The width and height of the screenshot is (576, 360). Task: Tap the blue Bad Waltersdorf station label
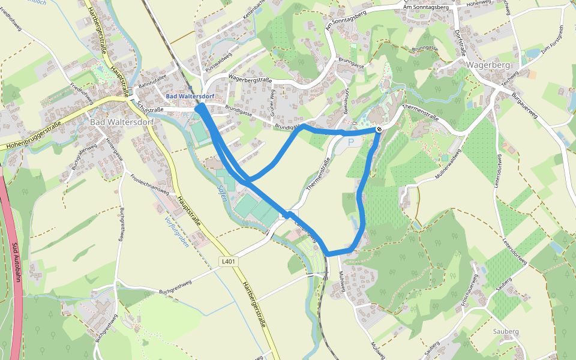click(x=190, y=97)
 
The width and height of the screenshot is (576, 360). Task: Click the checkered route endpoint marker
click(x=380, y=129)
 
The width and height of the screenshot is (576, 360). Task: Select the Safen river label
click(x=221, y=193)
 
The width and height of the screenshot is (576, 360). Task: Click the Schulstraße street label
click(x=151, y=106)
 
